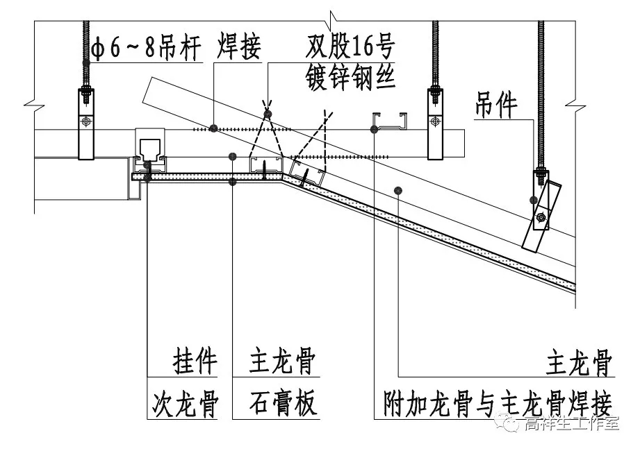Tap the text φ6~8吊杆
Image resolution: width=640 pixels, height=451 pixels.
pos(146,48)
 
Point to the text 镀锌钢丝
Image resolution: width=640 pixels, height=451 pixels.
pos(351,77)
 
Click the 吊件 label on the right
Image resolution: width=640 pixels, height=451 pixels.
pos(496,105)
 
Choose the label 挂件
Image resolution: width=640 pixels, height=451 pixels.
pos(195,361)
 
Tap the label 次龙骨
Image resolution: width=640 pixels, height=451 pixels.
pos(185,403)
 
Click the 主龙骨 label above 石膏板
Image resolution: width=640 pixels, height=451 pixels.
pos(282,361)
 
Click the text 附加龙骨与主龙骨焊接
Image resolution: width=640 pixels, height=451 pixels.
pos(497,403)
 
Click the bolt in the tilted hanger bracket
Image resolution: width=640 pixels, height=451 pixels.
pos(541,218)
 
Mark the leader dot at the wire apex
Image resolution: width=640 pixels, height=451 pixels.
pos(268,114)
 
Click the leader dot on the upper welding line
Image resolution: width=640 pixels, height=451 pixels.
pos(213,129)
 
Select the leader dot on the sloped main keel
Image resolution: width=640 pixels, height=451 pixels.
pos(398,190)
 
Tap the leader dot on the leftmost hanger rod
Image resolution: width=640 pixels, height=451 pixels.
pos(86,62)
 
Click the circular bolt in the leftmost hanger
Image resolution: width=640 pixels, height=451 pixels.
pos(86,121)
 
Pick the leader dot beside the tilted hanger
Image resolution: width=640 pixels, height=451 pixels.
pos(533,200)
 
